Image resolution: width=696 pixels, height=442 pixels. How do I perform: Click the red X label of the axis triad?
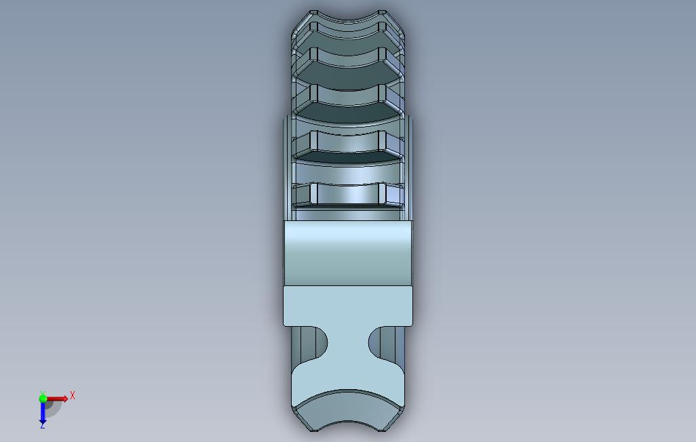(x=73, y=395)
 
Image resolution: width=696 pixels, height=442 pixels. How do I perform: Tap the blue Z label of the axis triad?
(x=43, y=425)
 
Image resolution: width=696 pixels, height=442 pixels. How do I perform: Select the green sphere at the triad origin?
(x=43, y=399)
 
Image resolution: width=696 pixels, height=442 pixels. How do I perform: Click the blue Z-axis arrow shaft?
(x=43, y=411)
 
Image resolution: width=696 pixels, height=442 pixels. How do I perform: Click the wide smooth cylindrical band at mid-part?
(x=348, y=253)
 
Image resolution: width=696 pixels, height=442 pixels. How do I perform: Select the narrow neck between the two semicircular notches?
(x=348, y=344)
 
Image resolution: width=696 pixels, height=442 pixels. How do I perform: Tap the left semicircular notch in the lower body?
(x=313, y=344)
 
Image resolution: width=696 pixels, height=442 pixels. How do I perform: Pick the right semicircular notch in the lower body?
(x=385, y=344)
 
